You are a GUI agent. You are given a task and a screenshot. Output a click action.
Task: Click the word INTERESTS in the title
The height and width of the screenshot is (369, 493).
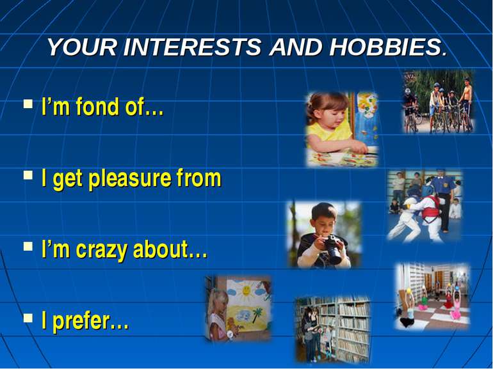(192, 47)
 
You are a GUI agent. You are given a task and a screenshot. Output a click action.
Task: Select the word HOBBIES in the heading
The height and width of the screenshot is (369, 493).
(387, 47)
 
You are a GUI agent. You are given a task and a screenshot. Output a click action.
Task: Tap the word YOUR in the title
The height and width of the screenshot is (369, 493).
(82, 47)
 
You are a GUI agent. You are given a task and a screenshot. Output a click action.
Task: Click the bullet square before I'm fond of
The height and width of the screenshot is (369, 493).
(28, 104)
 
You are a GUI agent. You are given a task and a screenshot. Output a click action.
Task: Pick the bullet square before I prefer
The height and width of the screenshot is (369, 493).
(28, 318)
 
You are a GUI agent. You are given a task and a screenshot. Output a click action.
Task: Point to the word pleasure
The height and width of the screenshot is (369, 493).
(130, 179)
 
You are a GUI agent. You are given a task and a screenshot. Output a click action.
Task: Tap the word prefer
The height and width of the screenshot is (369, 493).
(81, 322)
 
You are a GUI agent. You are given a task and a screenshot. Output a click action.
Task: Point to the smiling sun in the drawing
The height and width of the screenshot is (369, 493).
(246, 290)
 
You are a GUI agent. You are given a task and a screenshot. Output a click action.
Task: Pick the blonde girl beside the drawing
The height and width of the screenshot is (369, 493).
(218, 314)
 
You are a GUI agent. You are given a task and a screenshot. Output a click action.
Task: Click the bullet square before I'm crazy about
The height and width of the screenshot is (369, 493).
(28, 246)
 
